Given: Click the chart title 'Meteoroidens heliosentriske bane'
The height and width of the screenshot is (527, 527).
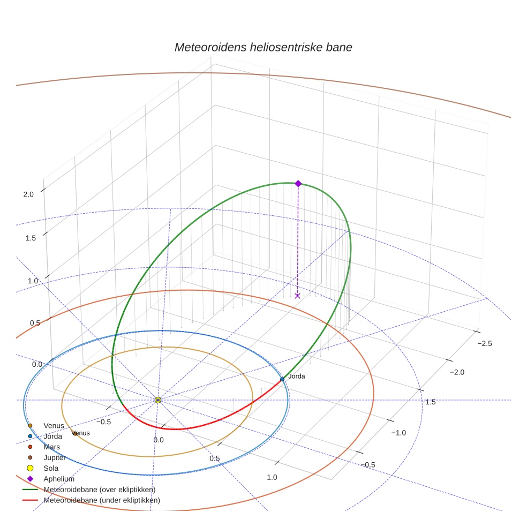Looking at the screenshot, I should [x=263, y=47].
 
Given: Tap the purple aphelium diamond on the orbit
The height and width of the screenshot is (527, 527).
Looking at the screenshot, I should [x=298, y=183].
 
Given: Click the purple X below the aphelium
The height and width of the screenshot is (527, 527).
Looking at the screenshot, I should [x=298, y=296].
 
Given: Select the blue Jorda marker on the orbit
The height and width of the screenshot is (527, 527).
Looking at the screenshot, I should [x=282, y=379].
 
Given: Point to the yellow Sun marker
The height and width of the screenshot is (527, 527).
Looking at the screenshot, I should [x=158, y=400].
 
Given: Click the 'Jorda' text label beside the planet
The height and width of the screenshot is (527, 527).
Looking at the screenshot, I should [x=297, y=377].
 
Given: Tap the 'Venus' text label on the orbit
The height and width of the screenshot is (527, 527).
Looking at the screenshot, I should [x=81, y=433].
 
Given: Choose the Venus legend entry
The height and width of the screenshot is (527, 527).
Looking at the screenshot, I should [x=54, y=425].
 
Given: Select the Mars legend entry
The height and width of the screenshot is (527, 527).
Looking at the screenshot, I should [x=51, y=447].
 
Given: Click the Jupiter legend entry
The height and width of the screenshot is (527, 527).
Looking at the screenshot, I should [x=55, y=457].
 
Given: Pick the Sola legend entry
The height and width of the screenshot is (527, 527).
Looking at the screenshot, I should [x=51, y=468].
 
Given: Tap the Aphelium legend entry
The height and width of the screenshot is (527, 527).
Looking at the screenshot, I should [x=59, y=479].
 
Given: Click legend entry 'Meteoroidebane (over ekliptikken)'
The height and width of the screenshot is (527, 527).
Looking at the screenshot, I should [x=99, y=490].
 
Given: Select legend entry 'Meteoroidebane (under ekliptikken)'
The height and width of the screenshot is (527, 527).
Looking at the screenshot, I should [x=101, y=500].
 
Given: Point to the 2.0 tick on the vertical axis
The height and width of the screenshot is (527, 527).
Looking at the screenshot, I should [x=28, y=194].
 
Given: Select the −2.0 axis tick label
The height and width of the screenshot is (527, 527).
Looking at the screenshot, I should [x=457, y=372].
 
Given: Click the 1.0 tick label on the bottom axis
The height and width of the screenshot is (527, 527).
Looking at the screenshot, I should [x=272, y=477].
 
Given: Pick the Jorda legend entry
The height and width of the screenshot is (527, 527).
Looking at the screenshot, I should [x=52, y=436].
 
